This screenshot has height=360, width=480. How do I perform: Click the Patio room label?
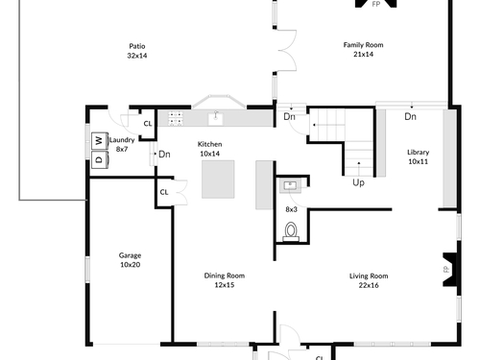tap(137, 51)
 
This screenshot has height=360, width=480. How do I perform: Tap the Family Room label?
tap(363, 50)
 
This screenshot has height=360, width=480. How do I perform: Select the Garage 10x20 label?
tap(130, 260)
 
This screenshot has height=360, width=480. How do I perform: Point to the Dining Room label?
tap(225, 280)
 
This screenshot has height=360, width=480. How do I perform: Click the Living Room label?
tap(369, 280)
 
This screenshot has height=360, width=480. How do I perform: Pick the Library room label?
tap(418, 156)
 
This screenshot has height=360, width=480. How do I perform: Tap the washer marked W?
tap(100, 141)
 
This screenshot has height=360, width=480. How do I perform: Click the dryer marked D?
tap(100, 159)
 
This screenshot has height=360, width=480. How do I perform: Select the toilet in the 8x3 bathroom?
tap(291, 231)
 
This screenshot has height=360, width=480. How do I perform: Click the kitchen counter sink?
tap(216, 119)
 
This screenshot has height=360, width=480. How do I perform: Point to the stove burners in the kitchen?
tap(176, 118)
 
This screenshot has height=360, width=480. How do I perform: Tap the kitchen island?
tap(218, 180)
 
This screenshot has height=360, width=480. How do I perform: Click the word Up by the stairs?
tap(358, 182)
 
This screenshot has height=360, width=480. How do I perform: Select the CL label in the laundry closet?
tap(148, 124)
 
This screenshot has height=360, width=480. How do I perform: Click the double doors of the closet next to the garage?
tap(180, 192)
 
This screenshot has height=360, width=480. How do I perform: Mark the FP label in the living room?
tap(446, 269)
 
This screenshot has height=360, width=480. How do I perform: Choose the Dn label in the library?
tap(410, 116)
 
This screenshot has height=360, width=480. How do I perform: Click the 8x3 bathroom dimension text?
tap(291, 209)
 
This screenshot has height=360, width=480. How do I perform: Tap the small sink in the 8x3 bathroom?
tap(290, 186)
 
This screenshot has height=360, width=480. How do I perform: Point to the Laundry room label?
tap(122, 144)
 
